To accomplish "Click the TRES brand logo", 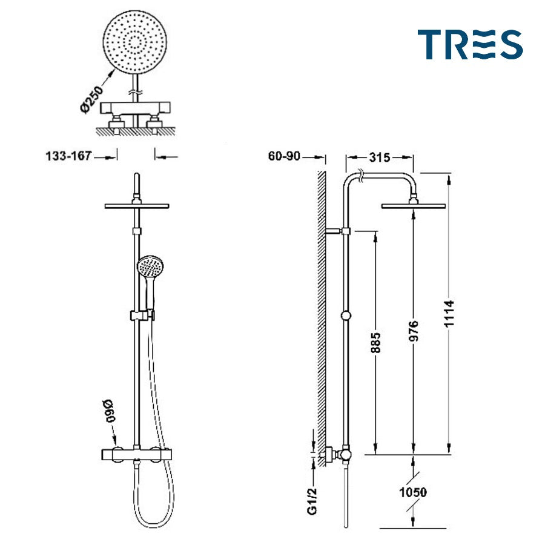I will click(469, 45).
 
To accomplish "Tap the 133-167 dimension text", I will click(68, 156).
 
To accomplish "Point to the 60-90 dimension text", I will click(284, 156).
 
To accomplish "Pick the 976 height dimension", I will click(414, 332).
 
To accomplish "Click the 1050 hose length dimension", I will click(413, 492).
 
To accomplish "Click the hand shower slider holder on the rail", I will click(142, 315).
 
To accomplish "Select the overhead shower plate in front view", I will click(136, 206).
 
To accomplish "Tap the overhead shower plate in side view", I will click(413, 206).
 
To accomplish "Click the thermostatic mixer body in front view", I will click(138, 454).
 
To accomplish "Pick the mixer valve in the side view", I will click(343, 454).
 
